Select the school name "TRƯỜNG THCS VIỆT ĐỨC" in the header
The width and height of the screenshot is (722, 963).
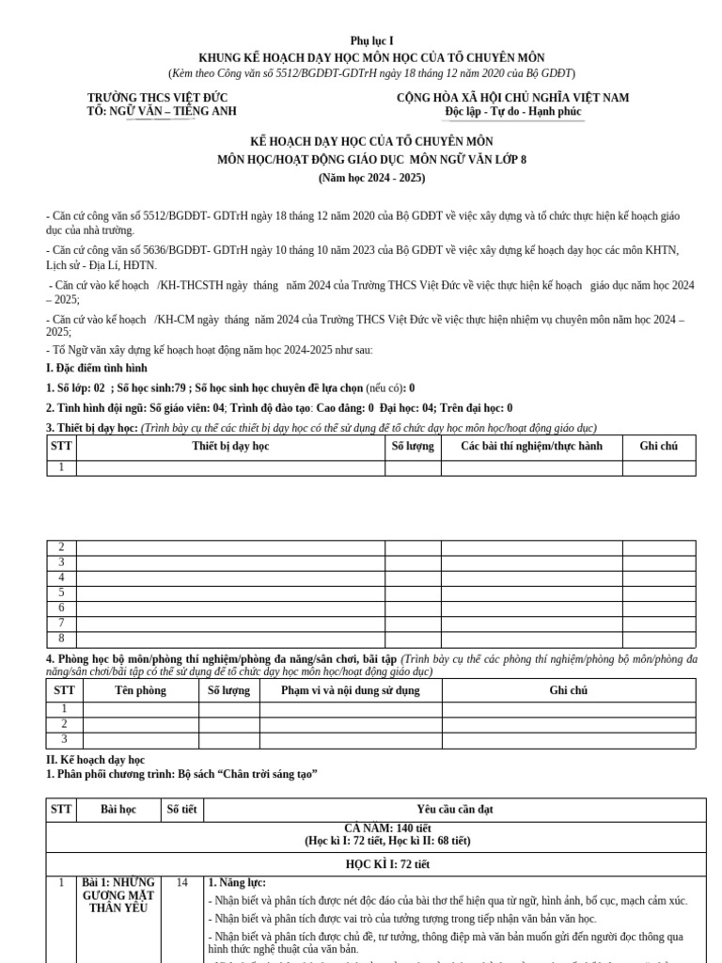point(157,98)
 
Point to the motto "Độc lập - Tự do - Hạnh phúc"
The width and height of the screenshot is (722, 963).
point(513,112)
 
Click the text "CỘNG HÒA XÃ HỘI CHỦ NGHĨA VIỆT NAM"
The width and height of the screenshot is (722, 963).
point(513,98)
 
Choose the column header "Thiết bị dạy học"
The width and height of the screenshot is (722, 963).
point(230,446)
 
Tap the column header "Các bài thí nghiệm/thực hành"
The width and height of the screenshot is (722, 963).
point(531,446)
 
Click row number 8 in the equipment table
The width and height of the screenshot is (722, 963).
point(61,639)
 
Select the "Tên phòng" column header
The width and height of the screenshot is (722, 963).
point(140,690)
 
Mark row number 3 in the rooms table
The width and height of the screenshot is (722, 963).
point(64,739)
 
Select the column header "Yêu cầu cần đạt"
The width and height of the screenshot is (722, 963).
point(455,809)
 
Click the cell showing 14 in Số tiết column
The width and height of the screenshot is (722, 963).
point(181,882)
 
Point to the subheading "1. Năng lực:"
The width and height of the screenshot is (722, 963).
point(237,882)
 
